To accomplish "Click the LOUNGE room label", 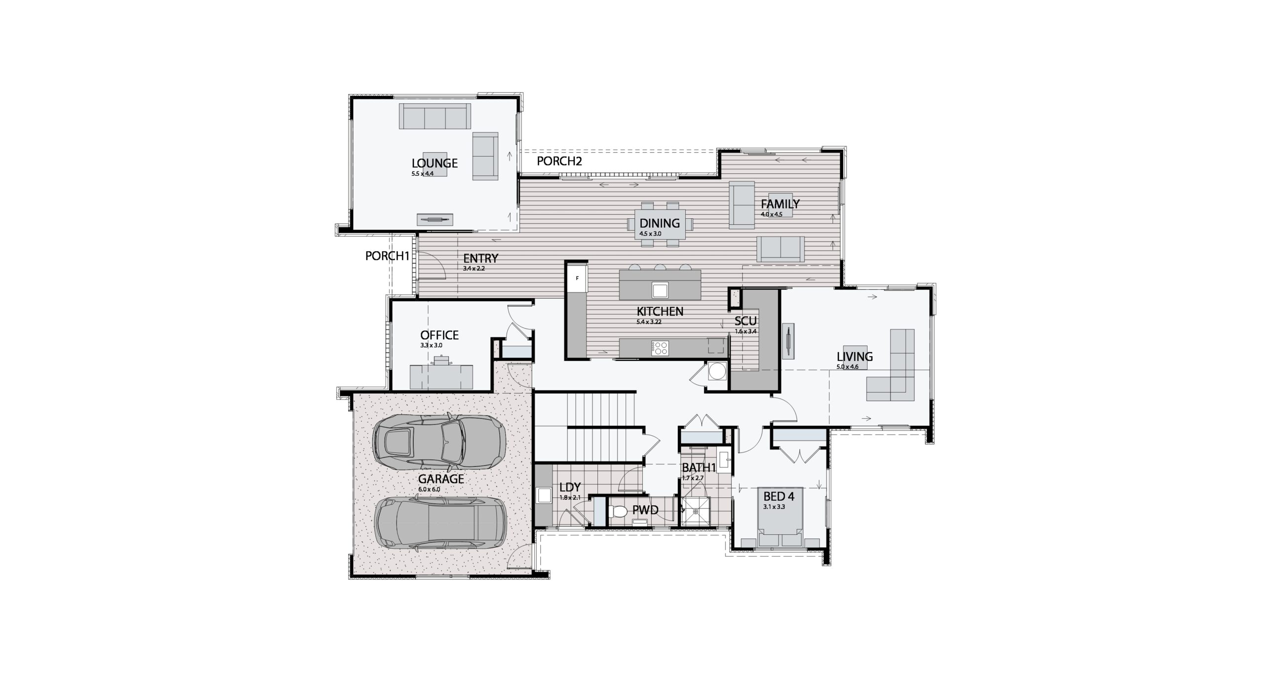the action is tap(434, 163).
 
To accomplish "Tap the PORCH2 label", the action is tap(559, 161).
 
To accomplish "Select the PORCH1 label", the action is tap(388, 256).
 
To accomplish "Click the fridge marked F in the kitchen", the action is tap(577, 279).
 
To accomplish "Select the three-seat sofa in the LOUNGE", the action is tap(434, 117).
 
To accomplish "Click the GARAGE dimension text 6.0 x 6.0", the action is tap(429, 489).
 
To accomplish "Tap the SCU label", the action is tap(746, 321).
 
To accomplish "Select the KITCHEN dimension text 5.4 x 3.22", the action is tap(649, 322).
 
